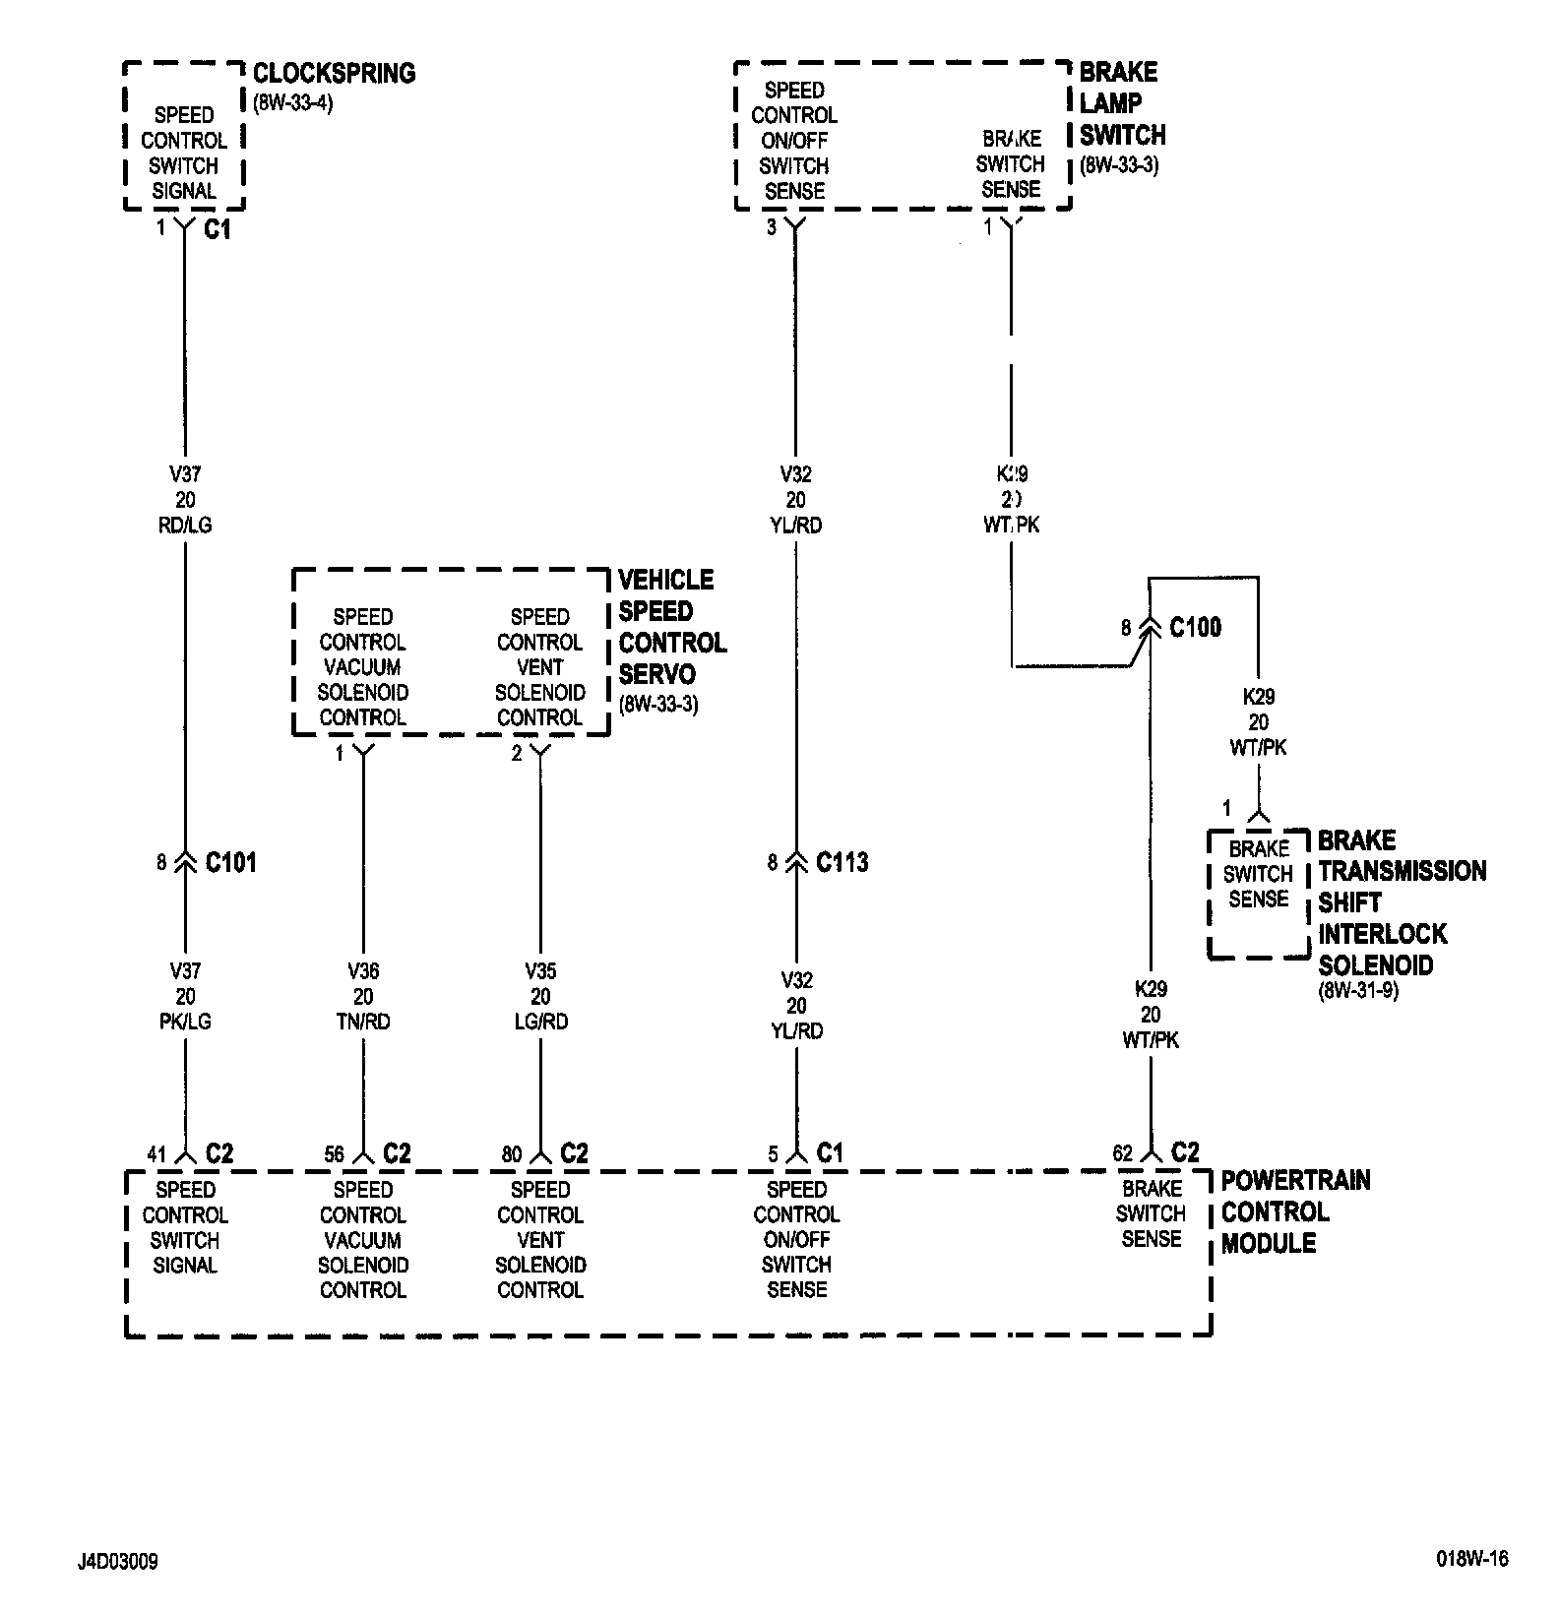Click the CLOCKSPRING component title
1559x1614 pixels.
pyautogui.click(x=334, y=73)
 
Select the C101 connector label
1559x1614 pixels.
pyautogui.click(x=230, y=863)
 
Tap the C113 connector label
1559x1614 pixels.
pyautogui.click(x=842, y=863)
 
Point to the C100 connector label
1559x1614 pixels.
pyautogui.click(x=1195, y=627)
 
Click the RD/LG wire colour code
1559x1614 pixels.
pyautogui.click(x=185, y=526)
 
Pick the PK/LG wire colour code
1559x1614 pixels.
pyautogui.click(x=185, y=1022)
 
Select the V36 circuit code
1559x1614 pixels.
pyautogui.click(x=363, y=971)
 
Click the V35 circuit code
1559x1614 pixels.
pyautogui.click(x=540, y=971)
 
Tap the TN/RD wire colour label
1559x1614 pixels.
pyautogui.click(x=363, y=1022)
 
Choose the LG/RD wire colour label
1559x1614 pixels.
pyautogui.click(x=540, y=1022)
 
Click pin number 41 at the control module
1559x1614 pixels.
pyautogui.click(x=156, y=1154)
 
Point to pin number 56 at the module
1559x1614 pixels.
pyautogui.click(x=334, y=1154)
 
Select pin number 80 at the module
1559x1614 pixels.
pyautogui.click(x=511, y=1154)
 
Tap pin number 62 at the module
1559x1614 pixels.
pyautogui.click(x=1122, y=1153)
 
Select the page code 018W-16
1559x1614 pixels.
pyautogui.click(x=1471, y=1559)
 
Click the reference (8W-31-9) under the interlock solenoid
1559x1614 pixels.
pyautogui.click(x=1358, y=991)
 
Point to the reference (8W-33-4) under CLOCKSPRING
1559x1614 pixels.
pyautogui.click(x=293, y=101)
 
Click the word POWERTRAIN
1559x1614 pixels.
pyautogui.click(x=1295, y=1180)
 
